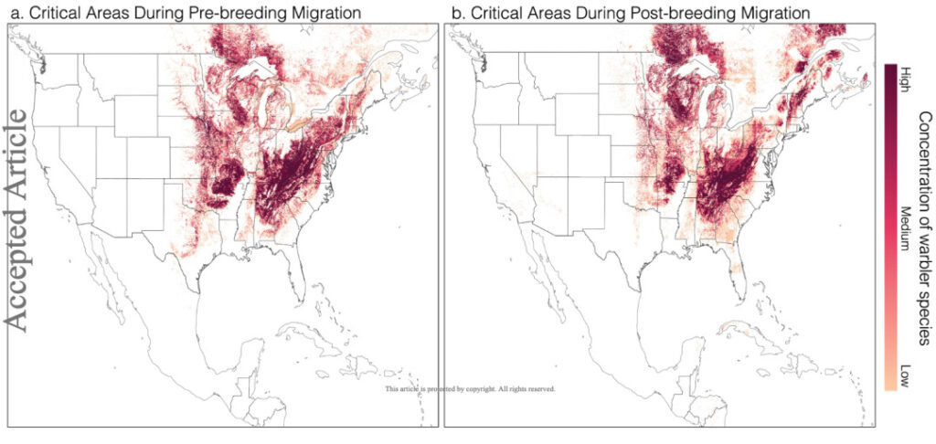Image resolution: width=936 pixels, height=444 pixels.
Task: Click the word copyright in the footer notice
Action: [x=474, y=389]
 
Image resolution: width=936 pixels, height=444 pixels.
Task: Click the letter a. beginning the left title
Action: [x=13, y=12]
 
